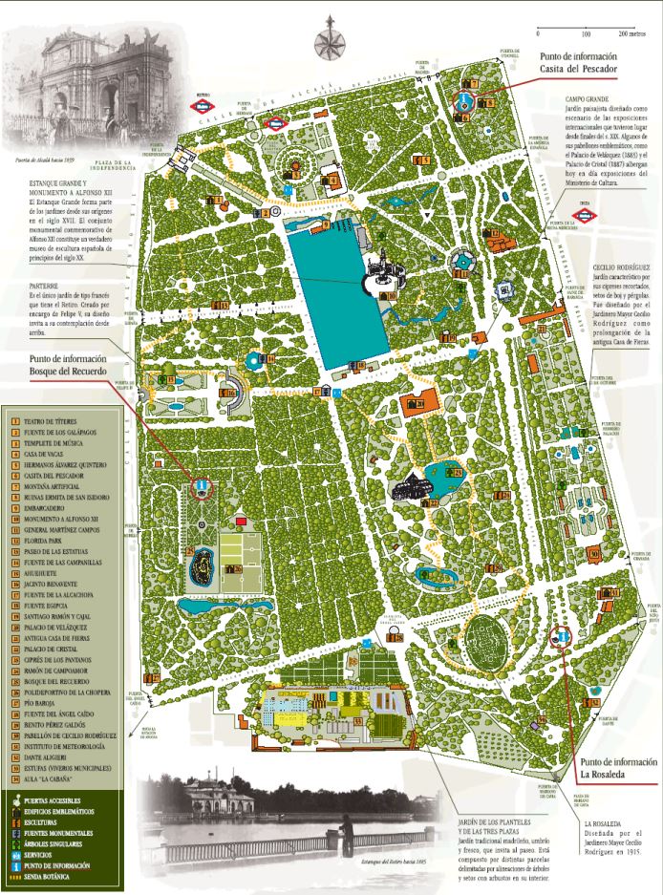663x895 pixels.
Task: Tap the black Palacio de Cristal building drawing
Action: point(412,488)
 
